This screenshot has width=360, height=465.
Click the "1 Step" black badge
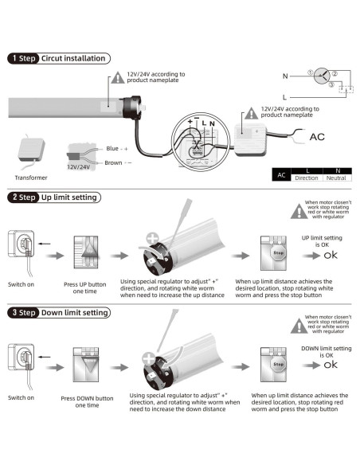pos(23,58)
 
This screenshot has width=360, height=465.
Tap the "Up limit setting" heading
pos(69,197)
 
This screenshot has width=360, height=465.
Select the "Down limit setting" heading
pos(74,313)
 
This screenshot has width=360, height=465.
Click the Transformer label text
pos(31,178)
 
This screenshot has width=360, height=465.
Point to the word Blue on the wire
pos(112,148)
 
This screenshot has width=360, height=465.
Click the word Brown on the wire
pos(113,162)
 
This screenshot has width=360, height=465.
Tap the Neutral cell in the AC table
pos(336,178)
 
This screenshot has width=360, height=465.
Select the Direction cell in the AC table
pos(307,178)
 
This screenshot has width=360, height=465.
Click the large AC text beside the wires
pos(317,137)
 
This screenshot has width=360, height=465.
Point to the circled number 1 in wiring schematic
pos(310,72)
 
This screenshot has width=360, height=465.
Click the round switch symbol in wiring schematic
pos(322,76)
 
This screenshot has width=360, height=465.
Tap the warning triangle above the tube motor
pos(118,78)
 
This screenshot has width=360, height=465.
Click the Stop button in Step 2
pos(278,253)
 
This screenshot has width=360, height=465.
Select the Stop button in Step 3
pos(278,364)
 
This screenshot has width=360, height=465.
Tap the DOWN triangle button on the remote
pos(90,364)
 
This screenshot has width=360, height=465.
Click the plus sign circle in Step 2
pos(153,239)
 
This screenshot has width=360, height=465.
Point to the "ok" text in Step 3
pos(331,365)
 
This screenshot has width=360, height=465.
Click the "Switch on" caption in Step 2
pos(21,284)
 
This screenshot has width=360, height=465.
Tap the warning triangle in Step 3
pos(299,326)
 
